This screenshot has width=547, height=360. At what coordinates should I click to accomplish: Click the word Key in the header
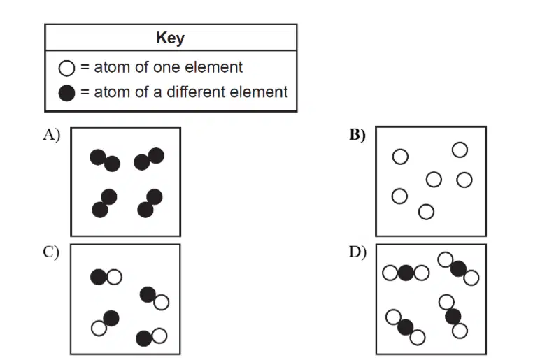170,38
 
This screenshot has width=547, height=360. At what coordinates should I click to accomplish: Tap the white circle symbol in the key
66,68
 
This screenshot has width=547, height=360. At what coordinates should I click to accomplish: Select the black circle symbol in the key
66,93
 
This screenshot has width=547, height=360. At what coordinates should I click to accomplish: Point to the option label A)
52,134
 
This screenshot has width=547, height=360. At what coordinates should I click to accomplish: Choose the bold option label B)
357,134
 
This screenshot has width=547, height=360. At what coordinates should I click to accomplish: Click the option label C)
51,252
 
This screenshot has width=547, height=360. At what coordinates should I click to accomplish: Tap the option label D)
358,252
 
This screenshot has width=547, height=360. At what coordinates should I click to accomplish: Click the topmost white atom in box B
460,150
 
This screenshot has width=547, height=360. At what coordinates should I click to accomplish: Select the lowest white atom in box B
426,212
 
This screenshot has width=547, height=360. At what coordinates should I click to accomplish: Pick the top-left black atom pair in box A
105,160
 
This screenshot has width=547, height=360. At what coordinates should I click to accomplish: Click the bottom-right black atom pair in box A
150,203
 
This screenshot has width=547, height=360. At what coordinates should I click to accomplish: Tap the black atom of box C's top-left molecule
99,277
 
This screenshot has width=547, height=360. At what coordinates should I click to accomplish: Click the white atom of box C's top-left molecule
114,277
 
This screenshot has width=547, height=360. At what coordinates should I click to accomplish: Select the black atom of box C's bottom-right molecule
143,338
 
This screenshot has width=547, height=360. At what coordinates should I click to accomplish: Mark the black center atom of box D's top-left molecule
406,273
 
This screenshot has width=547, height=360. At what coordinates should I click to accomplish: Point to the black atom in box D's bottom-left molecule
406,327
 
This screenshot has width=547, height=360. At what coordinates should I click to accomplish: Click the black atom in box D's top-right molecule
458,268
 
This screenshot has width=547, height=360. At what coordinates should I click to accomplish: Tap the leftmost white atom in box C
99,328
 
